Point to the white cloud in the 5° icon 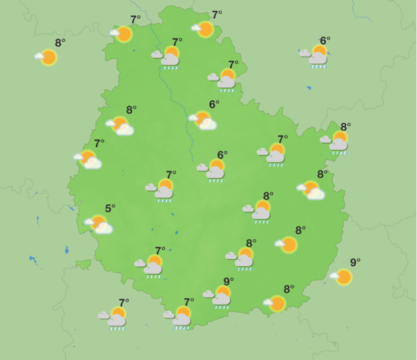(x=104, y=228)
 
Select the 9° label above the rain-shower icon (x=228, y=281)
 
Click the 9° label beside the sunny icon (x=355, y=263)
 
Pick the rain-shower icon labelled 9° (x=220, y=296)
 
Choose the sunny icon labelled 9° (x=342, y=277)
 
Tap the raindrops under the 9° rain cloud (x=221, y=306)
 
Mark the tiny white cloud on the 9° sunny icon (x=333, y=277)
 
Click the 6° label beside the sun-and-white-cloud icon (x=214, y=105)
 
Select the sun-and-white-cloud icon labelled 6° (x=203, y=121)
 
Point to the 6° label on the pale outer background (x=325, y=41)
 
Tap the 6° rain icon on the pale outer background (x=317, y=56)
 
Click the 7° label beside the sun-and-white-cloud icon (x=99, y=144)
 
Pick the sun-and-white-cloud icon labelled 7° (x=89, y=160)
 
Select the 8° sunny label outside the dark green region (x=60, y=43)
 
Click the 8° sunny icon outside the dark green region (x=47, y=57)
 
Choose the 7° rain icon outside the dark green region (x=115, y=317)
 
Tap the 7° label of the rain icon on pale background (x=124, y=303)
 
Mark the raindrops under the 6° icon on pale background (x=318, y=67)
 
